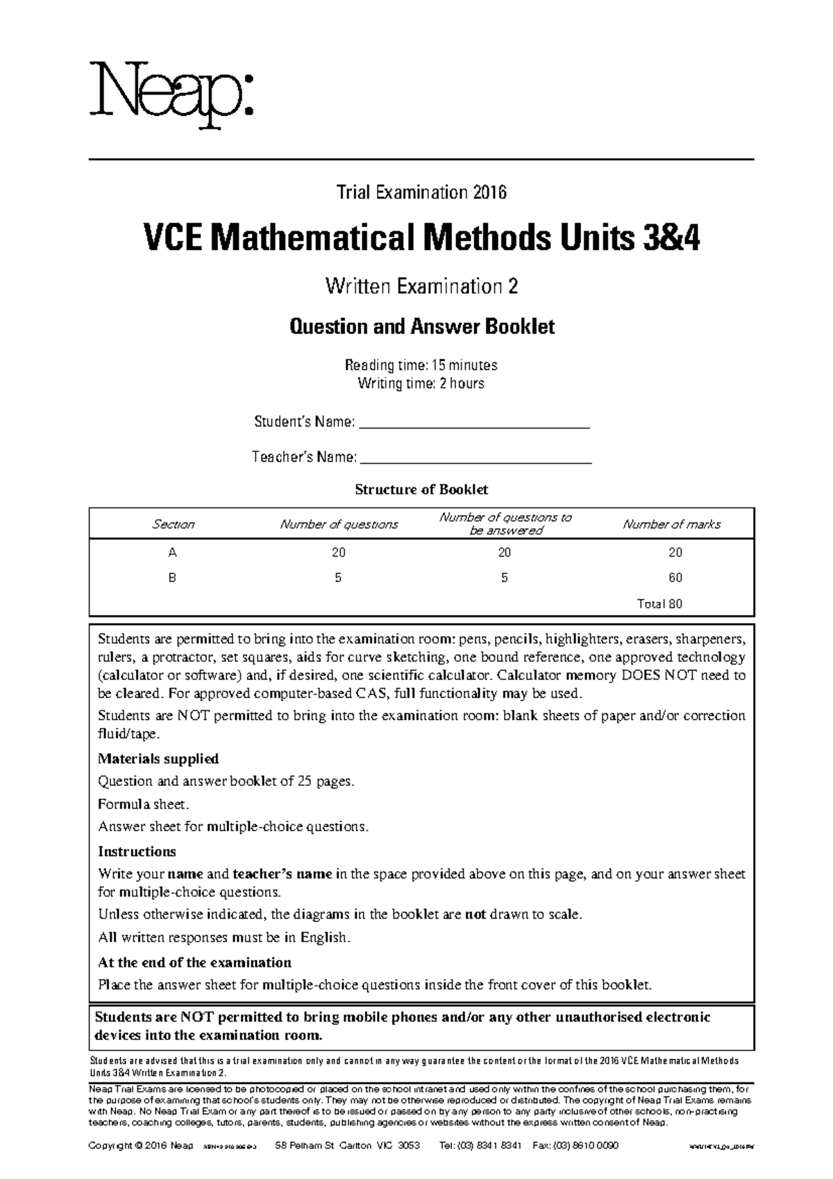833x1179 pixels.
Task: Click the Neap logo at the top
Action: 171,94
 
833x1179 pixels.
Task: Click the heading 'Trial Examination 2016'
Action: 421,192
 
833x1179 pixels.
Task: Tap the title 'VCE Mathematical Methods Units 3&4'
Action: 421,240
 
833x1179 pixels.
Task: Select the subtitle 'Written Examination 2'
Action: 421,286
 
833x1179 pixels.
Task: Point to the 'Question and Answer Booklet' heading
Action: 421,326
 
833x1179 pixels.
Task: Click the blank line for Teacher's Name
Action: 477,459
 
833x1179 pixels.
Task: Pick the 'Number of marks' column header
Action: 671,524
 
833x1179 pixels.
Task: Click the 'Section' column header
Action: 173,524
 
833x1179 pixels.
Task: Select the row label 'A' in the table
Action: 173,553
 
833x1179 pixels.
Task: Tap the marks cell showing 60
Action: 675,578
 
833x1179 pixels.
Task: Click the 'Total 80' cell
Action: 659,603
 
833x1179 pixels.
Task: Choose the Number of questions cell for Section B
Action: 338,578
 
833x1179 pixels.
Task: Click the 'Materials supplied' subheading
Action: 158,758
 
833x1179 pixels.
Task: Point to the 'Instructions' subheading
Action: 137,851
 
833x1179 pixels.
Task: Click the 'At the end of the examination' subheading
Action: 194,962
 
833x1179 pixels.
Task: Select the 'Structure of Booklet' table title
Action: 421,490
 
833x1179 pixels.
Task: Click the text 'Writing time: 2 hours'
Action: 421,383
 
